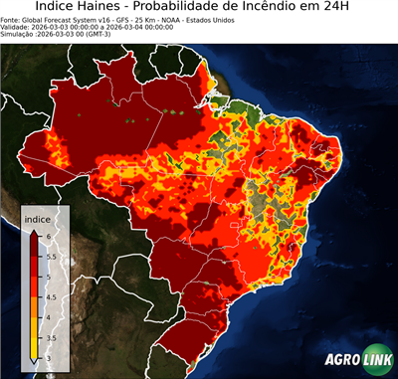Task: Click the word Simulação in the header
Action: (x=18, y=33)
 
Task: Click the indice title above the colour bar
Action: (x=37, y=218)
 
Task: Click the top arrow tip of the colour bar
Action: (x=34, y=231)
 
